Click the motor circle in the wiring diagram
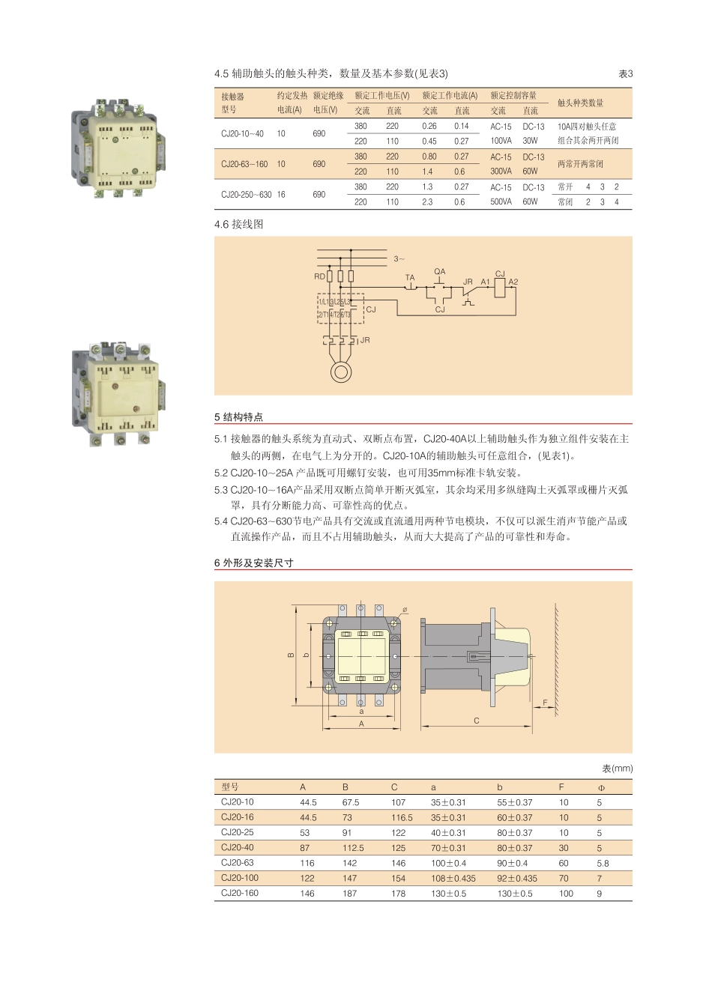(342, 372)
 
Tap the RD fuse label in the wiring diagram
(319, 276)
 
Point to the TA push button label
(410, 278)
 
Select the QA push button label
(439, 272)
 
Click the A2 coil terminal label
(513, 282)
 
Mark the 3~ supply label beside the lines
(399, 259)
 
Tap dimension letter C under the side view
(477, 721)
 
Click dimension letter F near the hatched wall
(545, 703)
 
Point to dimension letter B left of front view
(291, 655)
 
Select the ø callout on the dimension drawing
(405, 610)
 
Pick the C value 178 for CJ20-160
(398, 894)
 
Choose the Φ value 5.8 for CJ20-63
(603, 863)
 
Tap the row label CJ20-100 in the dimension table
(240, 878)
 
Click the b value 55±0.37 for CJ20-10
(515, 802)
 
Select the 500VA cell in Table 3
(501, 202)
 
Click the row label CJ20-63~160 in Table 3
(244, 164)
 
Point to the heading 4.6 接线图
(239, 224)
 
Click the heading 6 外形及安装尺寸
(254, 563)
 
